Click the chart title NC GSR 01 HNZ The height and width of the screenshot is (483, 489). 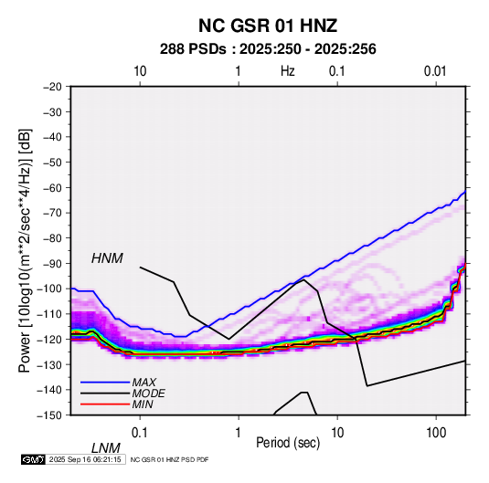[x=268, y=26]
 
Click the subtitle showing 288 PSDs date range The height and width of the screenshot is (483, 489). [x=268, y=49]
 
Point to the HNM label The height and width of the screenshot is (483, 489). [x=107, y=258]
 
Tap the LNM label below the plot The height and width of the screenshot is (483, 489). [x=106, y=448]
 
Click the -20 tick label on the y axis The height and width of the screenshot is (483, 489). [x=52, y=87]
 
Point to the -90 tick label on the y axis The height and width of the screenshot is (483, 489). [x=52, y=264]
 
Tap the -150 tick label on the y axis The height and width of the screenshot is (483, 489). [x=49, y=415]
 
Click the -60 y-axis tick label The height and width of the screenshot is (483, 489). [x=52, y=187]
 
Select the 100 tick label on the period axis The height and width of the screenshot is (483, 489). [x=436, y=433]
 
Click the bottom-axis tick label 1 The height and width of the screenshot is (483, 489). [x=239, y=433]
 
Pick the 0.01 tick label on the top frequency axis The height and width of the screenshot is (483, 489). [x=435, y=71]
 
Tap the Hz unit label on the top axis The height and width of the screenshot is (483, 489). [x=288, y=71]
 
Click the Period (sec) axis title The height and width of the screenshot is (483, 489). [x=288, y=443]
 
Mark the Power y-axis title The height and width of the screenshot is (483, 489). [x=25, y=250]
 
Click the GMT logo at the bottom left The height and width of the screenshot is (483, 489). [x=34, y=459]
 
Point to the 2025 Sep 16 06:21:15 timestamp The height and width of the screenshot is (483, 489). [x=85, y=459]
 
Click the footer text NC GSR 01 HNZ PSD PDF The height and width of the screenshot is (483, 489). [x=169, y=459]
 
